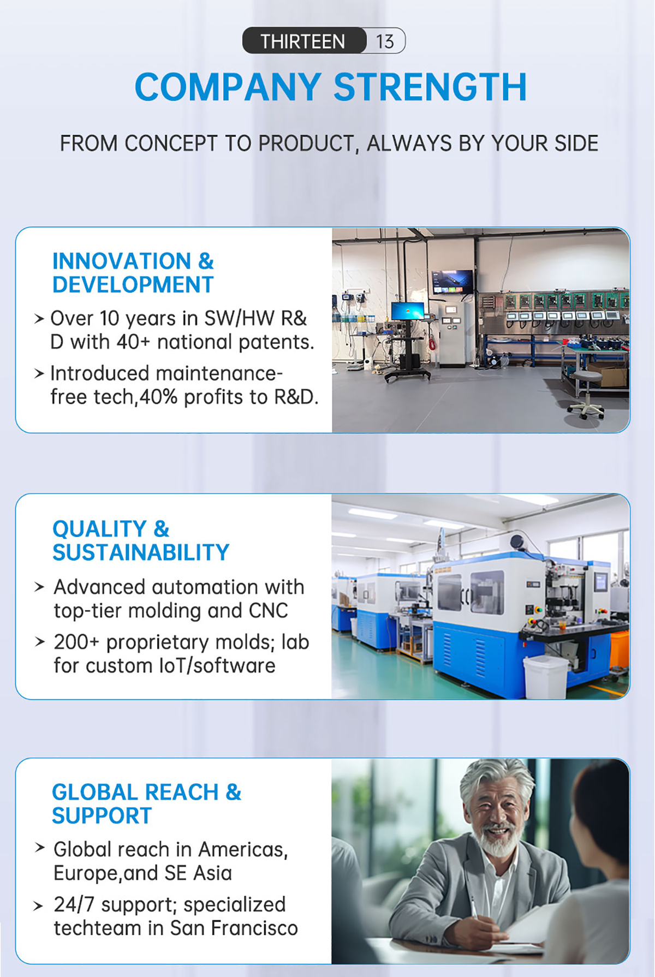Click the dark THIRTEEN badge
point(304,41)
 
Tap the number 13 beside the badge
point(385,41)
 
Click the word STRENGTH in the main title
point(430,87)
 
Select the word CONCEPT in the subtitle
point(171,144)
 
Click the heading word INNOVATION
point(121,261)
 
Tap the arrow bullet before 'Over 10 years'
point(39,318)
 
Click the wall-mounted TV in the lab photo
point(452,282)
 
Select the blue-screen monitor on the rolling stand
point(408,311)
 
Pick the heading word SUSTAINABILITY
point(141,553)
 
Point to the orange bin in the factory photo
point(620,650)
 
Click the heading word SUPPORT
point(102,817)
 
